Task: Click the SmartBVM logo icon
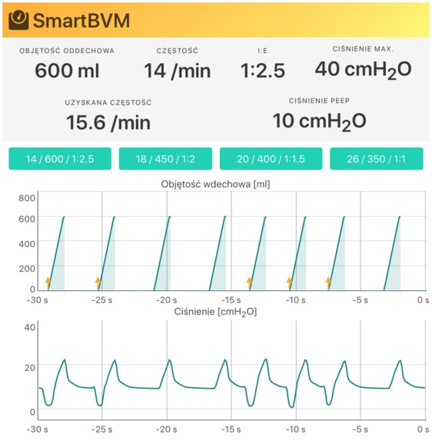[x=18, y=19]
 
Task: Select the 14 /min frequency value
[x=177, y=71]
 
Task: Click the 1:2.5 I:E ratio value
[x=262, y=71]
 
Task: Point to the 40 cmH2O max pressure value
[x=362, y=69]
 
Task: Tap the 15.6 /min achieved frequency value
[x=108, y=122]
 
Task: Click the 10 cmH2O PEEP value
[x=319, y=121]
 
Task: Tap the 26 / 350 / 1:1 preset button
[x=377, y=159]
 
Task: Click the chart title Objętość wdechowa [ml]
[x=215, y=184]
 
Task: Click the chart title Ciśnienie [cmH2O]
[x=215, y=312]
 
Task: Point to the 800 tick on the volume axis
[x=28, y=198]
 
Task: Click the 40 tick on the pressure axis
[x=31, y=327]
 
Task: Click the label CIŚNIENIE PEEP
[x=319, y=101]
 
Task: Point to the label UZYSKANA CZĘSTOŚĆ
[x=108, y=102]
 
